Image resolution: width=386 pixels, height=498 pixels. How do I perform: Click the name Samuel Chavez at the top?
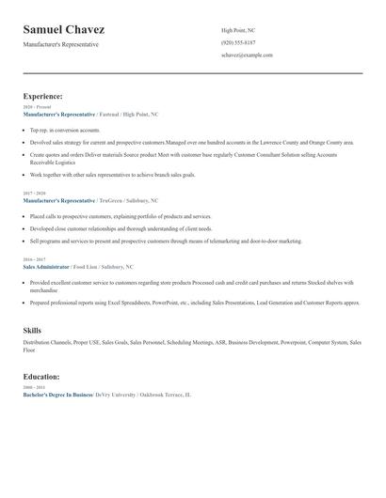[63, 30]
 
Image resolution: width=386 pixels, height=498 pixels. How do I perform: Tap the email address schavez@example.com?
[247, 55]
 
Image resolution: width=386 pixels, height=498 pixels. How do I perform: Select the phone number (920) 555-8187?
[238, 43]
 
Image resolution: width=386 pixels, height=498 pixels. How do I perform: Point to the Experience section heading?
[42, 96]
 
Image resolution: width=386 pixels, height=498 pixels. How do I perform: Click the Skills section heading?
[32, 331]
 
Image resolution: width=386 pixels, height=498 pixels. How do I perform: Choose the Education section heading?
[41, 377]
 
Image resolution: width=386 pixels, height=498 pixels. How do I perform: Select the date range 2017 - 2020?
[33, 194]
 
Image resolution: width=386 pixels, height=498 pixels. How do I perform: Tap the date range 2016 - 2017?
[33, 259]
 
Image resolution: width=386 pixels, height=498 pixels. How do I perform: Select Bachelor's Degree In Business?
[57, 396]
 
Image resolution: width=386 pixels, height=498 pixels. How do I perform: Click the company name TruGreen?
[112, 201]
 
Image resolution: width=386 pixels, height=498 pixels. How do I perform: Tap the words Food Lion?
[85, 267]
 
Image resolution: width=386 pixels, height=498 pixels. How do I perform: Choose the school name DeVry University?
[117, 396]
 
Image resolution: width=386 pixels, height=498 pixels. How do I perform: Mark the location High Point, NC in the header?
[239, 31]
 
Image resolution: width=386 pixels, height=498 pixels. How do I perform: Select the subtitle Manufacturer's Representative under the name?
[60, 44]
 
